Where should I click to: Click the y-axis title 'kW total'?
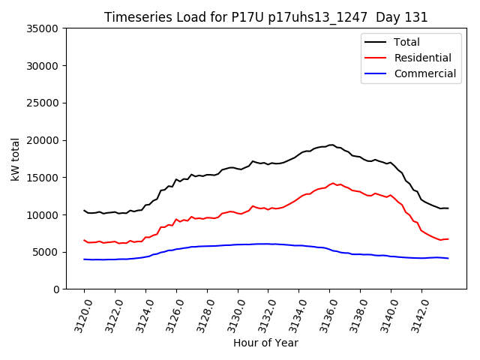[x=16, y=159]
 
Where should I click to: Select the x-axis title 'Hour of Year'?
[x=265, y=343]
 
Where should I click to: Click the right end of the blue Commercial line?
[x=448, y=258]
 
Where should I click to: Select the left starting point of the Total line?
[x=84, y=210]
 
